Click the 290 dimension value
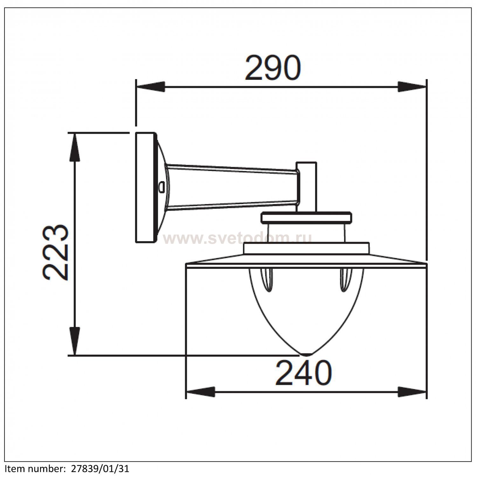tap(273, 68)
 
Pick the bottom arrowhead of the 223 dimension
tap(74, 340)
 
